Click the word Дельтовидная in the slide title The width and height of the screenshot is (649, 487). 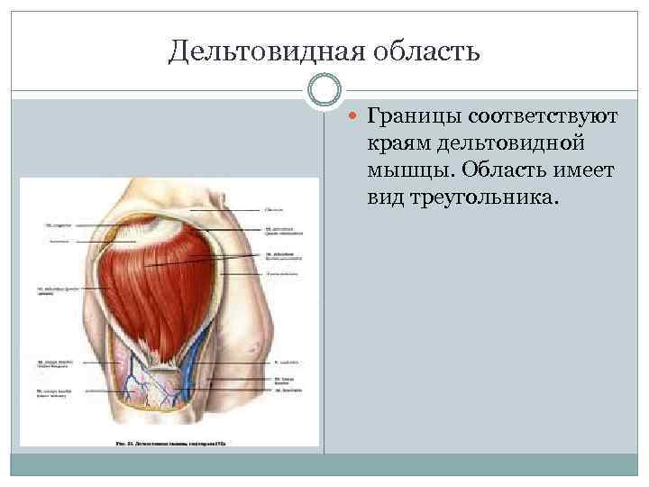(x=261, y=51)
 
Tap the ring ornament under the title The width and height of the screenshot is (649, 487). (x=324, y=89)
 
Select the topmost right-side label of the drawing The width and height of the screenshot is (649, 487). (x=274, y=210)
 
